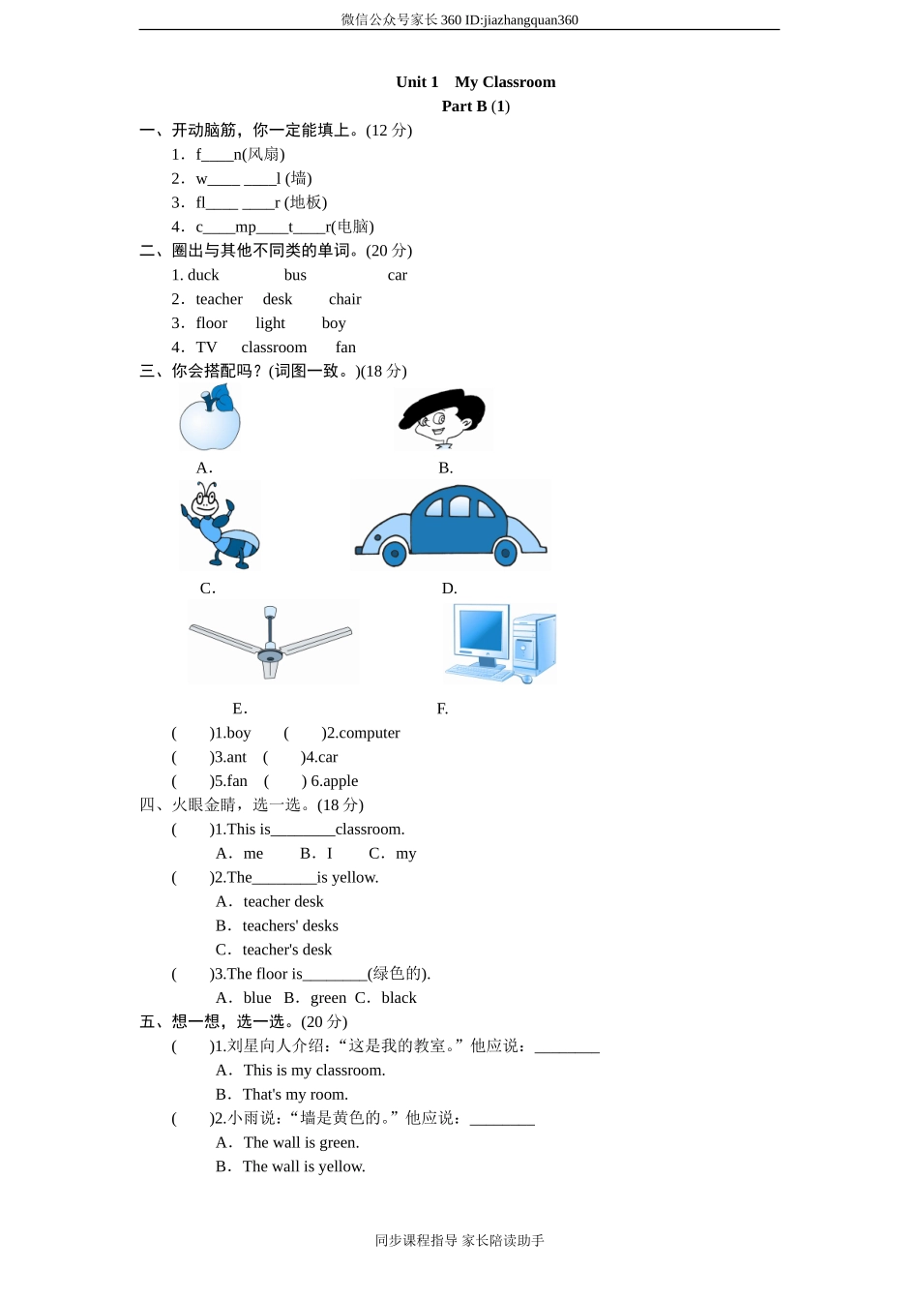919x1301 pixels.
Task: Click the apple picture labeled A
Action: click(x=209, y=422)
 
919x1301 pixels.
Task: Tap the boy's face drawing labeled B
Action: click(x=443, y=418)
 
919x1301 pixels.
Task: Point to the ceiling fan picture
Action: click(x=271, y=641)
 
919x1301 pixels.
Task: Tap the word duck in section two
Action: click(x=203, y=275)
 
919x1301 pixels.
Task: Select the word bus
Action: click(x=295, y=275)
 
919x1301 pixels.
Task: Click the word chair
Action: click(x=344, y=299)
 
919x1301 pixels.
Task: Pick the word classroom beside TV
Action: click(x=274, y=348)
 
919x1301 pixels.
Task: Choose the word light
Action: click(x=270, y=323)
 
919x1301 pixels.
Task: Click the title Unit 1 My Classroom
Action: click(x=475, y=82)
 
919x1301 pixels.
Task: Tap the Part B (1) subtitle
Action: click(x=475, y=106)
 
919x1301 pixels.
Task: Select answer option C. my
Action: click(x=393, y=854)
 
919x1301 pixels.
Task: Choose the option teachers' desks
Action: click(x=289, y=926)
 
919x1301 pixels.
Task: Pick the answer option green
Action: click(x=328, y=998)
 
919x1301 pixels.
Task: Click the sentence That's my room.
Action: click(x=295, y=1095)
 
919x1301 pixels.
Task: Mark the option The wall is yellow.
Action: click(x=304, y=1167)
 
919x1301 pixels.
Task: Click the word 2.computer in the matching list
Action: click(x=361, y=734)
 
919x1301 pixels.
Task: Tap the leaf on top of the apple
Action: click(x=222, y=397)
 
